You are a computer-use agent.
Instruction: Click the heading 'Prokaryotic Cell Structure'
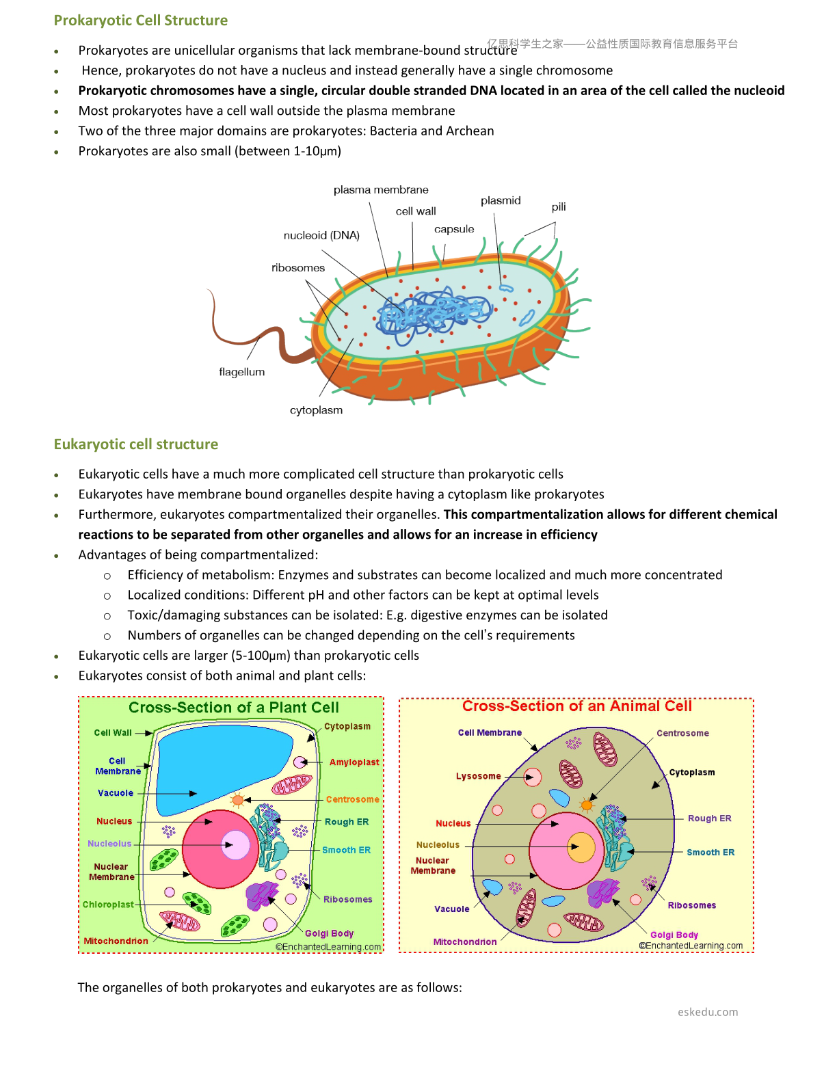point(141,21)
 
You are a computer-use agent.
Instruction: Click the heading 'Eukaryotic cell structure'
point(136,444)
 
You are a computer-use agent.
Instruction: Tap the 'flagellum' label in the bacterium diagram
point(242,372)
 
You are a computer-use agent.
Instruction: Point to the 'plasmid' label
point(501,200)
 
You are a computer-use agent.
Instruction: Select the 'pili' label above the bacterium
point(558,207)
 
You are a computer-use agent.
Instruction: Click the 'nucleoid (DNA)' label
point(321,235)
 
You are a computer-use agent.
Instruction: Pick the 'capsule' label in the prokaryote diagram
point(453,229)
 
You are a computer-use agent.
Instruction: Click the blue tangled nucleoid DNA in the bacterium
point(434,312)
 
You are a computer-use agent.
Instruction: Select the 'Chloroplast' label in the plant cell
point(108,905)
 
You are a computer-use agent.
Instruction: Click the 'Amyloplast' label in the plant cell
point(354,762)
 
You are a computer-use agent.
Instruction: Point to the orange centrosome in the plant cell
point(238,801)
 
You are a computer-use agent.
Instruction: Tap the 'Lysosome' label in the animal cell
point(478,776)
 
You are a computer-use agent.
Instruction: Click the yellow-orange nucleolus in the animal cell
point(581,846)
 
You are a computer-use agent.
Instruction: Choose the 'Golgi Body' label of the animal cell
point(674,935)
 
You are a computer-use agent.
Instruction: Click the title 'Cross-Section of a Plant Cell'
point(233,707)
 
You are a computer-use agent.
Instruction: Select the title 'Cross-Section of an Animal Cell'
point(576,706)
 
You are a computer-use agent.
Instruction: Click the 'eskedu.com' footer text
point(707,1012)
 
